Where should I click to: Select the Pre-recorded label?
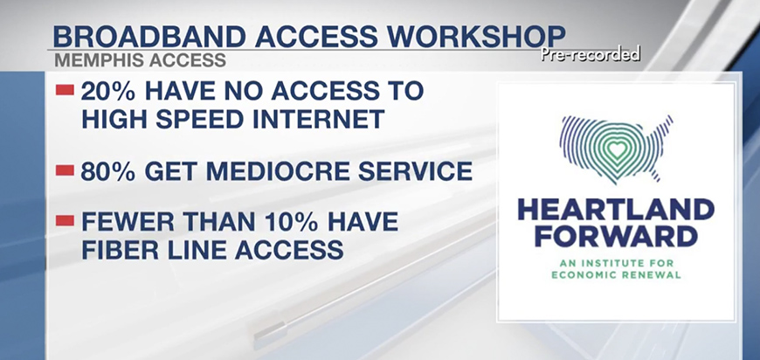point(591,54)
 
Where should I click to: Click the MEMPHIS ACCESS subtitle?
point(140,60)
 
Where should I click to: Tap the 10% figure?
point(289,222)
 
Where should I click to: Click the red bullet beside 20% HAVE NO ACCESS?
point(65,90)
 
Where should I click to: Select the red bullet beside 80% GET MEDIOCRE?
point(65,170)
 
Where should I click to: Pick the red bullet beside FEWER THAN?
point(65,221)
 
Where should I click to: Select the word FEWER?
point(121,222)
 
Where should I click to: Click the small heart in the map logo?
point(617,150)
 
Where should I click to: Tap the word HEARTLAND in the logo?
point(616,210)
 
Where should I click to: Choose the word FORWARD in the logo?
point(616,237)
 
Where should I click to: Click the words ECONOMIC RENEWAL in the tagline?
point(617,275)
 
